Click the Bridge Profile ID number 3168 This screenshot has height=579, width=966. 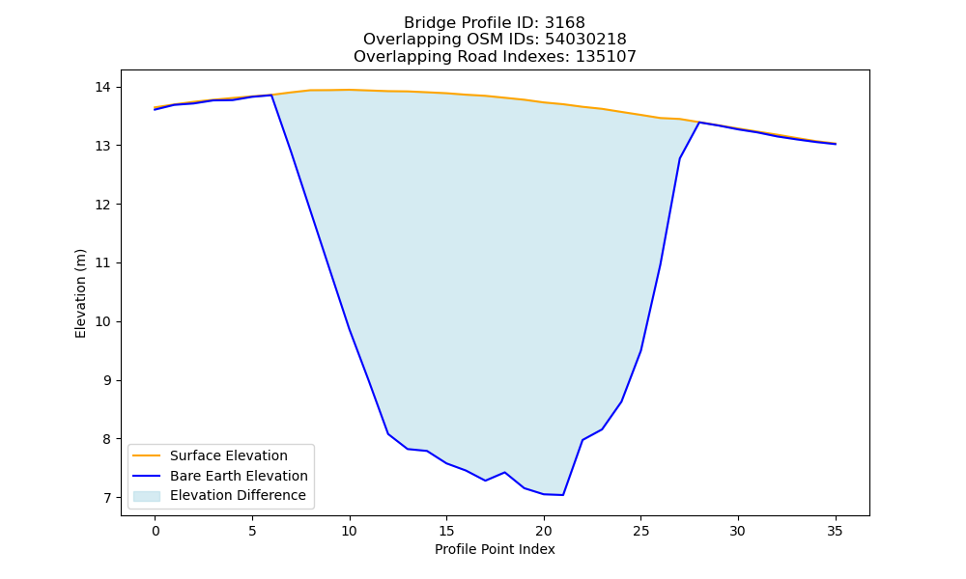pyautogui.click(x=565, y=23)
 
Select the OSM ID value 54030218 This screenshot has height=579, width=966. pyautogui.click(x=585, y=40)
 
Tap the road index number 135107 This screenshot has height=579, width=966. pyautogui.click(x=606, y=57)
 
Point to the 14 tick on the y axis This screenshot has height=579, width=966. pyautogui.click(x=102, y=88)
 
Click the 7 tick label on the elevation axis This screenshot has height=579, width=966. pyautogui.click(x=107, y=498)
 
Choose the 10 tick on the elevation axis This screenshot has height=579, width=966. pyautogui.click(x=102, y=321)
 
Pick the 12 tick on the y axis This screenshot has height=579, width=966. pyautogui.click(x=102, y=205)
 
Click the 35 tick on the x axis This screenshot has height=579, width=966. pyautogui.click(x=835, y=531)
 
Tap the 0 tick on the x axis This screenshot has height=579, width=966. pyautogui.click(x=156, y=531)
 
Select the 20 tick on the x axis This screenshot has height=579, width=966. pyautogui.click(x=543, y=531)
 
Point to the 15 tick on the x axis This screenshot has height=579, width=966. pyautogui.click(x=446, y=531)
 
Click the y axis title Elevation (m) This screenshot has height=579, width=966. pyautogui.click(x=81, y=293)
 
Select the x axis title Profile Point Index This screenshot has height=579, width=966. pyautogui.click(x=495, y=549)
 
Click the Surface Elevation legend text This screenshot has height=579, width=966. pyautogui.click(x=229, y=455)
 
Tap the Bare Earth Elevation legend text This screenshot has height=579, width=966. pyautogui.click(x=239, y=476)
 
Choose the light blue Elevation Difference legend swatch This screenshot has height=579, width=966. pyautogui.click(x=147, y=496)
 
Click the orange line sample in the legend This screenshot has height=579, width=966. pyautogui.click(x=147, y=455)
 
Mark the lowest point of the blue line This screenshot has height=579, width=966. pyautogui.click(x=562, y=495)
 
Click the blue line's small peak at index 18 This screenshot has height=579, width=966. pyautogui.click(x=504, y=473)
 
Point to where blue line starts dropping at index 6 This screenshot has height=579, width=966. pyautogui.click(x=271, y=96)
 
